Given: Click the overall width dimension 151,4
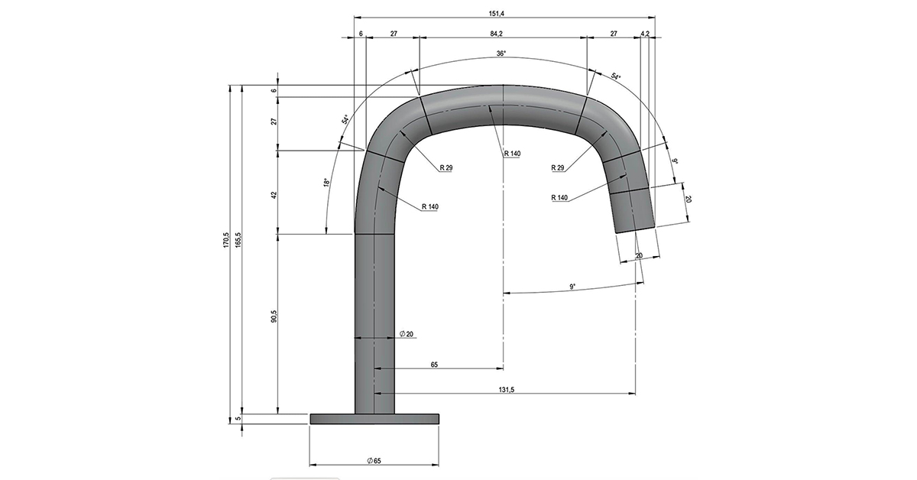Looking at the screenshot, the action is (496, 14).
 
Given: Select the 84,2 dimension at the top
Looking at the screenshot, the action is (496, 34).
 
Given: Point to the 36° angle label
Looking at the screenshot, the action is (501, 54).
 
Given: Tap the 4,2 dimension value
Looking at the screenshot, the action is (645, 34).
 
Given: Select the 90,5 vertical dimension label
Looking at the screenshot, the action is (274, 316).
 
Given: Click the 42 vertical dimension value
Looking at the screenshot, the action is (274, 195).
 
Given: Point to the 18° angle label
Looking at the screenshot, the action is (326, 183).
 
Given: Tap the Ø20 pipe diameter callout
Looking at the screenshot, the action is (407, 334).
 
